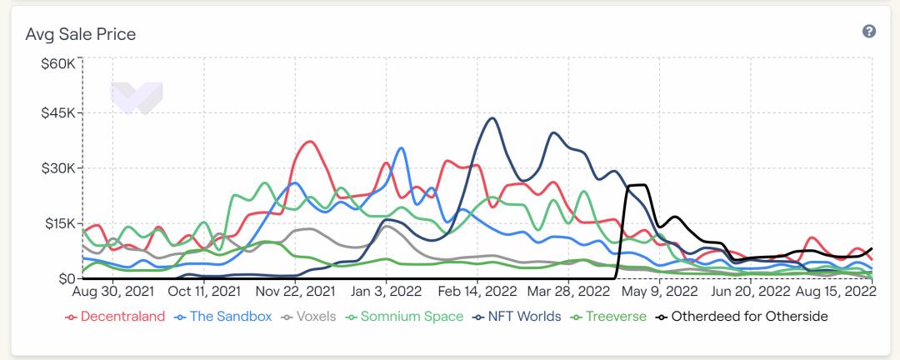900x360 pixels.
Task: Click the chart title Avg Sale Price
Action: click(x=80, y=34)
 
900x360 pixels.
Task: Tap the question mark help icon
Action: click(x=869, y=32)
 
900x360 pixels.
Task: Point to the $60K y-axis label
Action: click(x=59, y=63)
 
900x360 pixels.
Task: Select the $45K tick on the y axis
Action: click(x=59, y=112)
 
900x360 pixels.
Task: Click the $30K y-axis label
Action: click(x=59, y=167)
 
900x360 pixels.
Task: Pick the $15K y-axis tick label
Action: click(x=59, y=222)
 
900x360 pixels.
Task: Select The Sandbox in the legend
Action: click(x=224, y=317)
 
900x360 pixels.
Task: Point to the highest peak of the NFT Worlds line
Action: click(x=492, y=118)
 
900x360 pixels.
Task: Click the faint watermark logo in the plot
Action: click(x=137, y=97)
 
